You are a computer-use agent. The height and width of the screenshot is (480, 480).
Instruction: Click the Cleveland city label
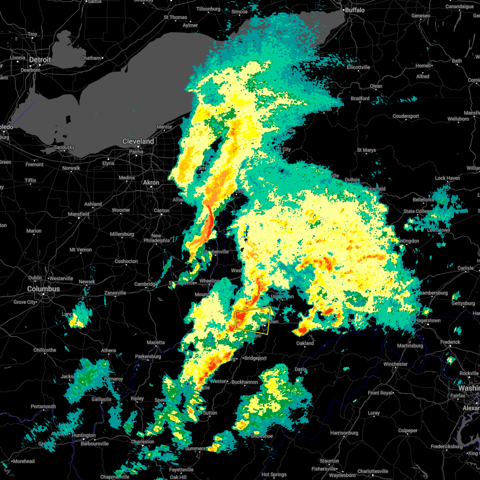click(x=138, y=141)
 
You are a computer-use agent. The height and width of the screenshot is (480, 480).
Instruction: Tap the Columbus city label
click(x=44, y=289)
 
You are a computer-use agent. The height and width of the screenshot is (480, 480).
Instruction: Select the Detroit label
click(x=40, y=60)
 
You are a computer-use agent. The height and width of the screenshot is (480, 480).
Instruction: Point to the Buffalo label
click(x=355, y=10)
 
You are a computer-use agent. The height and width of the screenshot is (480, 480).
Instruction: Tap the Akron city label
click(x=151, y=182)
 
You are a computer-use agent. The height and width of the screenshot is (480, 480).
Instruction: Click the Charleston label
click(x=143, y=442)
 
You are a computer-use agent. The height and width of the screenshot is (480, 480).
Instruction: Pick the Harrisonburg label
click(x=344, y=433)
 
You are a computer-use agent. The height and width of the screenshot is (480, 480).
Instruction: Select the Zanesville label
click(x=115, y=293)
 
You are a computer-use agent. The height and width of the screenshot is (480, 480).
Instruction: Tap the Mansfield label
click(x=79, y=214)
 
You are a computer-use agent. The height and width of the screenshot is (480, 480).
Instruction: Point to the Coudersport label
click(x=406, y=116)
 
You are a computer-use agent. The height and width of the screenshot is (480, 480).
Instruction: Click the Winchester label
click(x=396, y=364)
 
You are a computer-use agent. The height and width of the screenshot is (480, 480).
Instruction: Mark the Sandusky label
click(x=64, y=147)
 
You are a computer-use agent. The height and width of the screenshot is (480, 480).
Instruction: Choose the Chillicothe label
click(x=45, y=350)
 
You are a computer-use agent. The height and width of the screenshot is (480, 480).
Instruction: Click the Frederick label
click(x=450, y=342)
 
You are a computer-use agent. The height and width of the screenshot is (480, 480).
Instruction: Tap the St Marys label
click(x=367, y=150)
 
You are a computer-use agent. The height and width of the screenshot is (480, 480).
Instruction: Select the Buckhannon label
click(x=245, y=382)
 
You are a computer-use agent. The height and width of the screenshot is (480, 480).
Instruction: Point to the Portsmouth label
click(x=43, y=406)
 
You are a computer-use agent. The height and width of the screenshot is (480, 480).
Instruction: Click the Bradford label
click(x=360, y=98)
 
